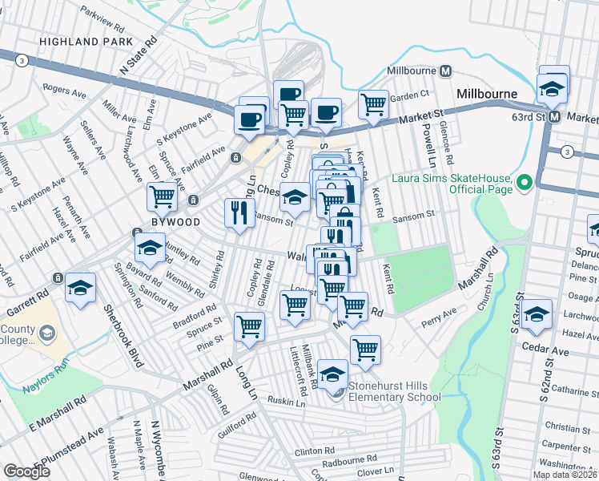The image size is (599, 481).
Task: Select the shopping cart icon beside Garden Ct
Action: point(373,104)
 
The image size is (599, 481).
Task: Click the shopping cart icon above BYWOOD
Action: point(162,195)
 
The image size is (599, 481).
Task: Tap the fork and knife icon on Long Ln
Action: point(238,213)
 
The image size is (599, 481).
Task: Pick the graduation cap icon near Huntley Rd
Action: point(149,248)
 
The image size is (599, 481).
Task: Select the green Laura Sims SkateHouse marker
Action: point(525,184)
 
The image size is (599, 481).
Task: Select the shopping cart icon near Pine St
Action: point(249,326)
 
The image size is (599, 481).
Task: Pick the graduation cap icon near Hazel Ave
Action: point(537,313)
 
